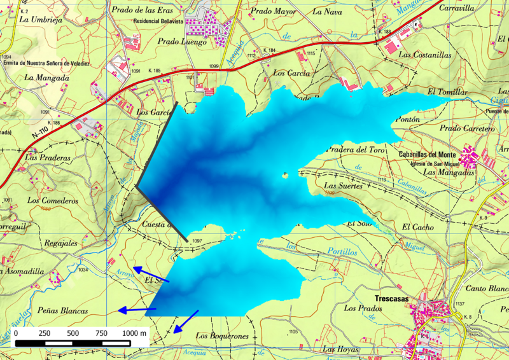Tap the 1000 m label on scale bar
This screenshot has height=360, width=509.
click(x=135, y=333)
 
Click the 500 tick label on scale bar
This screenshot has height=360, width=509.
click(x=73, y=333)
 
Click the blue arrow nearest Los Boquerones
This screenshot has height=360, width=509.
click(x=186, y=321)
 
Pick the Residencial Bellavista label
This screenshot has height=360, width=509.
click(x=163, y=20)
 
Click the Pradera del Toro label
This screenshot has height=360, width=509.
click(x=356, y=150)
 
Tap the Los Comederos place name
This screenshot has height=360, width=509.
click(x=52, y=200)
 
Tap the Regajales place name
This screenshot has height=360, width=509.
click(x=60, y=243)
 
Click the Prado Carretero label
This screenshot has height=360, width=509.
click(x=467, y=128)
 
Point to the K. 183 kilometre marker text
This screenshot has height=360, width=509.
click(x=384, y=32)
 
